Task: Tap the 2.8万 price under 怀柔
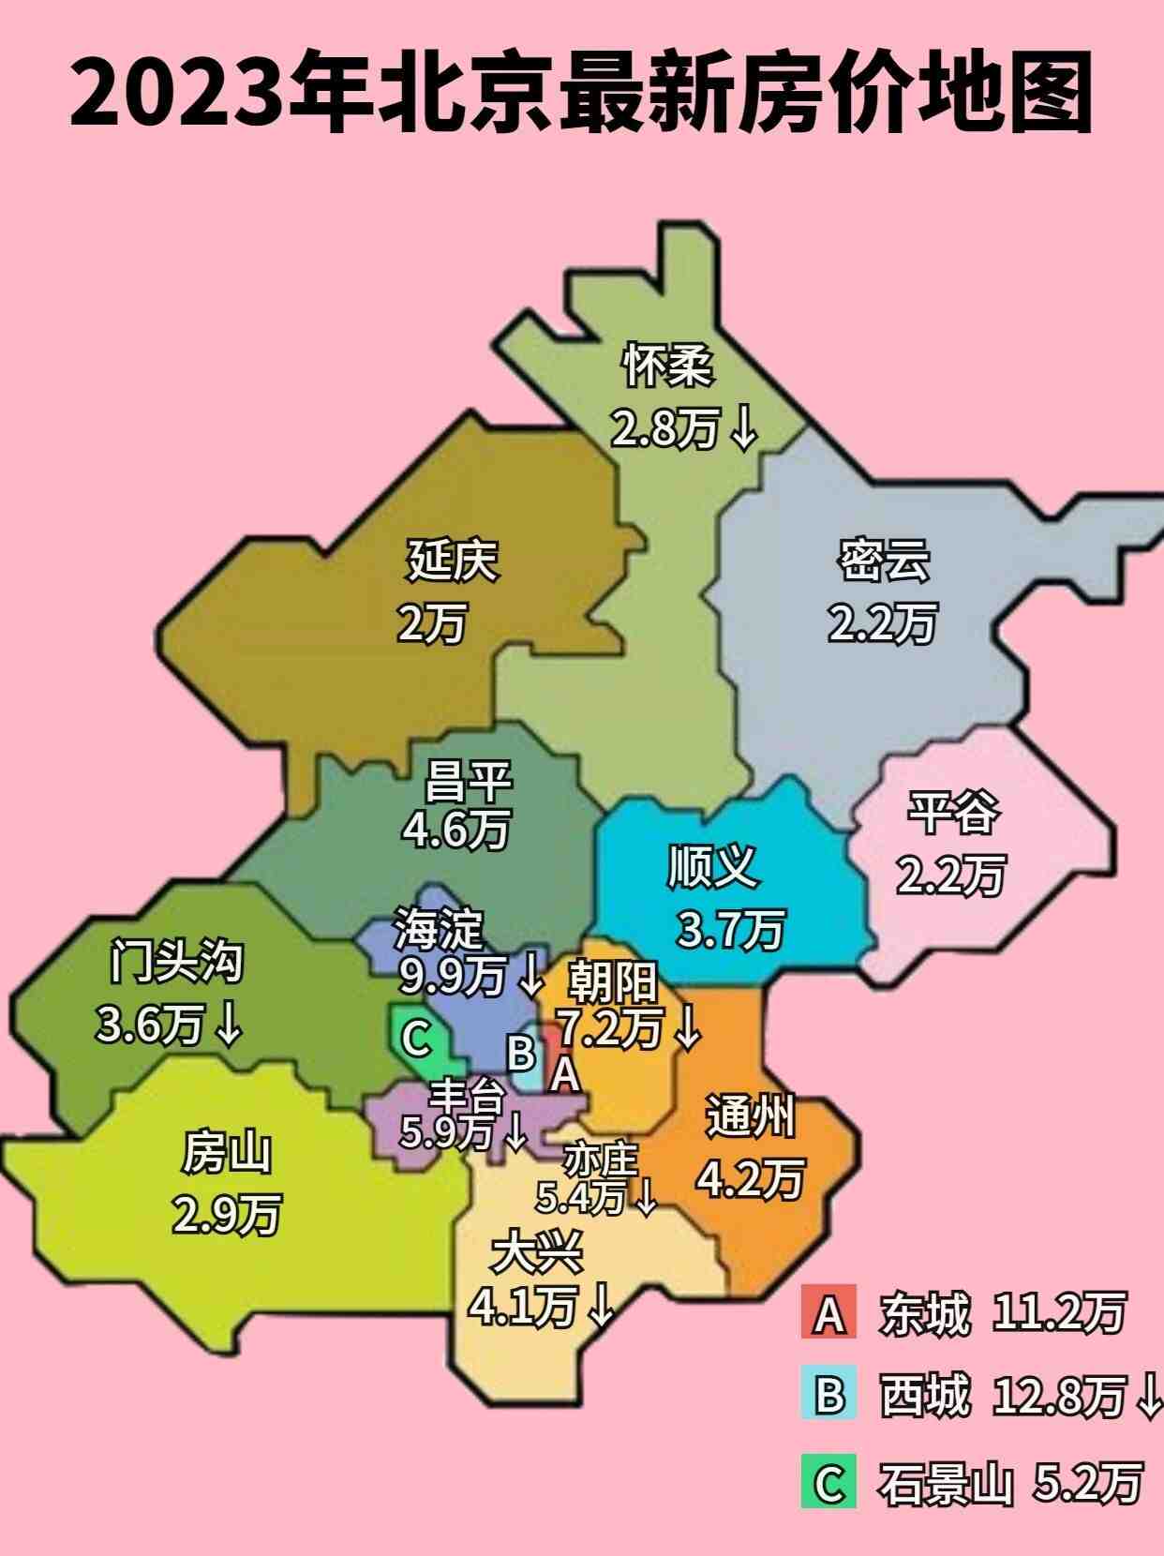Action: pyautogui.click(x=665, y=429)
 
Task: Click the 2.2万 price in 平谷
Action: pyautogui.click(x=950, y=875)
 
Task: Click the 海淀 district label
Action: pyautogui.click(x=439, y=928)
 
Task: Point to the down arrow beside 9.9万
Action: pyautogui.click(x=530, y=976)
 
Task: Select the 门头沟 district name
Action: pyautogui.click(x=176, y=962)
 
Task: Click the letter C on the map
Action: pyautogui.click(x=415, y=1038)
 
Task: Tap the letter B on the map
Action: pyautogui.click(x=520, y=1053)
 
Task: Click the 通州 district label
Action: pyautogui.click(x=750, y=1115)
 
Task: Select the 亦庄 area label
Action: pyautogui.click(x=601, y=1161)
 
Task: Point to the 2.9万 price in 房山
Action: pyautogui.click(x=226, y=1215)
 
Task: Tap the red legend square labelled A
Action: pyautogui.click(x=828, y=1313)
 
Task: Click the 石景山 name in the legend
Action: pyautogui.click(x=945, y=1484)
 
